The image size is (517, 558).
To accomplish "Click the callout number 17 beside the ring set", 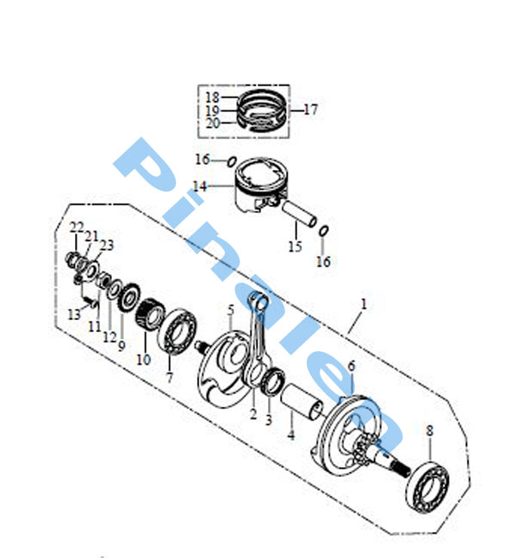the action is [x=310, y=110].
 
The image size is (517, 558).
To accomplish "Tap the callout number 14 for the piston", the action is [x=199, y=185].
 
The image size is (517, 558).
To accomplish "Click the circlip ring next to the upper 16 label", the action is [x=232, y=161].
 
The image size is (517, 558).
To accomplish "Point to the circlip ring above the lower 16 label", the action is [x=324, y=231].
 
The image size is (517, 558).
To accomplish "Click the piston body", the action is [x=259, y=185].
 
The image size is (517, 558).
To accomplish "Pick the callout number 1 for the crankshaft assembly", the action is [x=364, y=304].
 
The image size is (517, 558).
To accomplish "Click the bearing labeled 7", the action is [x=178, y=331].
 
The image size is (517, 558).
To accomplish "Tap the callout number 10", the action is [x=144, y=360].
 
